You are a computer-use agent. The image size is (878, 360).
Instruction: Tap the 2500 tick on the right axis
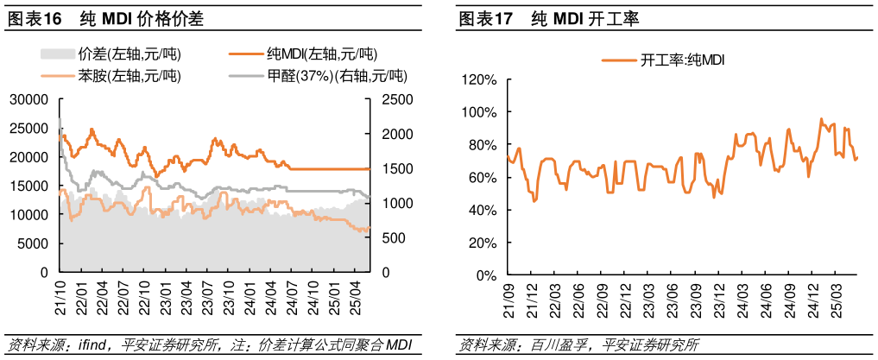point(385,99)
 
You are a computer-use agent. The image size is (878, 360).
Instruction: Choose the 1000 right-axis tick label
point(385,203)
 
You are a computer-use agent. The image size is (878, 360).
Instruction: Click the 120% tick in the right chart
point(480,80)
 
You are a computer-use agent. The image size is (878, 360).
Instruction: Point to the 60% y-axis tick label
point(483,178)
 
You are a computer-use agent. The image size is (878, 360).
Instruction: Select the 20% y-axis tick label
point(483,243)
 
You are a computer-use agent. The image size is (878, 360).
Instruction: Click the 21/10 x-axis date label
point(60,296)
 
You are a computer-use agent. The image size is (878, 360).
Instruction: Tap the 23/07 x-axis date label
point(207,296)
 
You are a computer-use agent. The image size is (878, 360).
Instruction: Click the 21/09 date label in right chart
point(509,299)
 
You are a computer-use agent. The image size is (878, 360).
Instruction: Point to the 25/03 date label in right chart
point(836,299)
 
